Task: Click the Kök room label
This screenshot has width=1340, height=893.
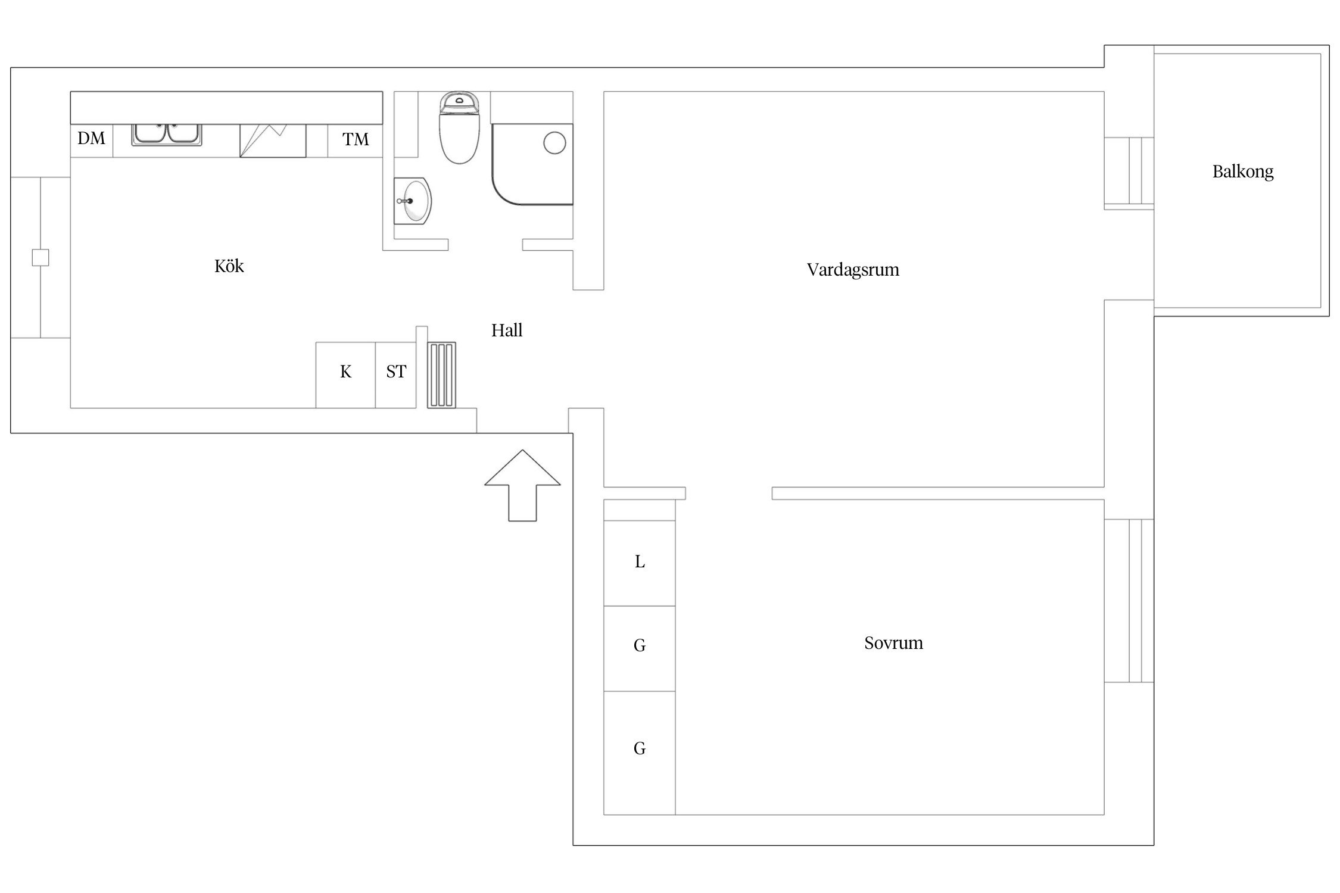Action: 229,266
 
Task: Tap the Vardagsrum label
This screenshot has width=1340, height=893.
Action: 853,270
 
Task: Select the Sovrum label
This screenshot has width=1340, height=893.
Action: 893,643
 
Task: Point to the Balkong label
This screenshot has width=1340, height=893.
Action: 1243,172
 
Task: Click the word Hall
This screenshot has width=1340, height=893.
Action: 507,330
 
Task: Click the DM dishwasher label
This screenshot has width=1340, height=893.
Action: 91,138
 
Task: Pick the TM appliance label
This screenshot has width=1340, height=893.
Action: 356,139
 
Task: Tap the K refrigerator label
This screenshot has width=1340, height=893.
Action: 345,371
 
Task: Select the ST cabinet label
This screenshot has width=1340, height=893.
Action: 396,371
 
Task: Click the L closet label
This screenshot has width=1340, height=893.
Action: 640,561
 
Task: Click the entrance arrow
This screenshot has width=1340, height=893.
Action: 522,485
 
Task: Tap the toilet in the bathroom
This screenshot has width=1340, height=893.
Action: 459,127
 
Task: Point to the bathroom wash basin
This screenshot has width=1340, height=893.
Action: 413,201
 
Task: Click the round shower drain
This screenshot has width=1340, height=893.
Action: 554,143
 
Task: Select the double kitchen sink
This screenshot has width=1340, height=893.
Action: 167,135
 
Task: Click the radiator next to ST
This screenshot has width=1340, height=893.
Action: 441,375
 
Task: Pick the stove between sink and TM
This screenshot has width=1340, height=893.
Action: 273,140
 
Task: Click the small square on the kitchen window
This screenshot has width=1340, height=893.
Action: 40,258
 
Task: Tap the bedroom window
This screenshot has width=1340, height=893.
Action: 1129,600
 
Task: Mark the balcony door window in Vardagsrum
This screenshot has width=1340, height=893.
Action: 1129,173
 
